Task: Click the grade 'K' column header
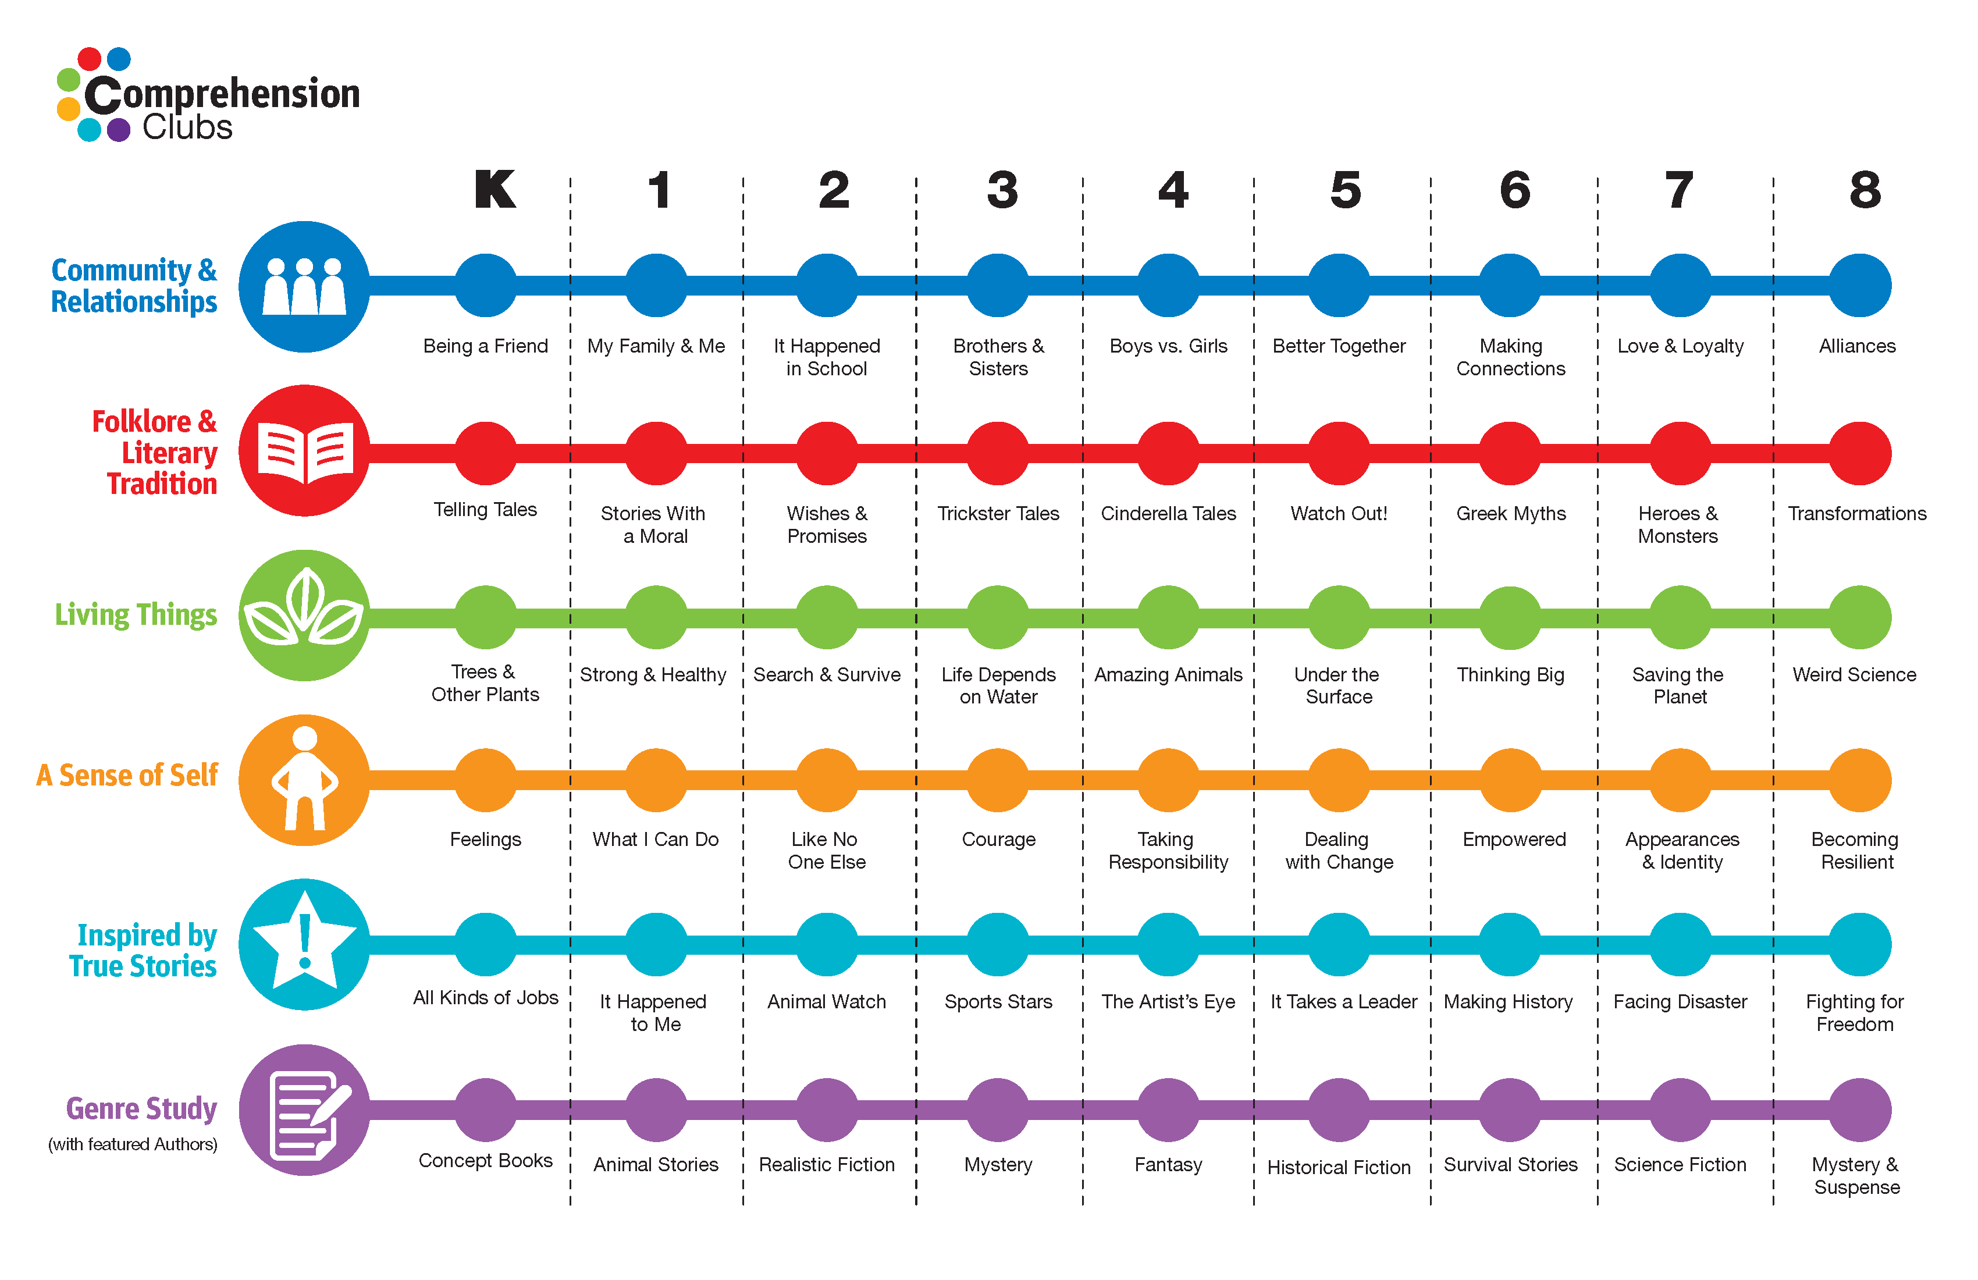coord(495,190)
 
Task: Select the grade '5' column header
coord(1346,190)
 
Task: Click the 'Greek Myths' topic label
coord(1510,514)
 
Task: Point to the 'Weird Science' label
coord(1854,675)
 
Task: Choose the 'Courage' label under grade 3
coord(998,840)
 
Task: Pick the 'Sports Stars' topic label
coord(998,1001)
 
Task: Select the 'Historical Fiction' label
coord(1339,1167)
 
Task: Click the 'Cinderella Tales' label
coord(1169,514)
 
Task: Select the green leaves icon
coord(304,615)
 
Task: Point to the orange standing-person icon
coord(304,780)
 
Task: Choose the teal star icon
coord(304,944)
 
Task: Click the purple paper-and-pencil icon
coord(304,1110)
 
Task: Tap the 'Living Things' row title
coord(136,615)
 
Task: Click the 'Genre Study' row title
coord(141,1109)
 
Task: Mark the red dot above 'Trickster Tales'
coord(998,453)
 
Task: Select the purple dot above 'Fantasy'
coord(1169,1110)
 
